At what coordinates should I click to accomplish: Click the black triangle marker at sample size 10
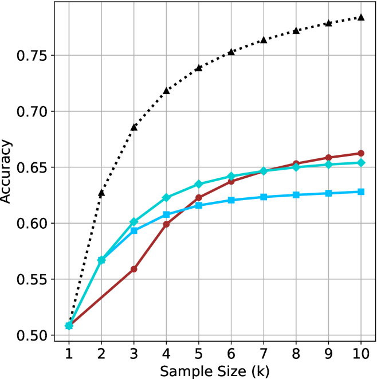click(x=361, y=17)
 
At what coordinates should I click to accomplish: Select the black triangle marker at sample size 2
click(x=101, y=193)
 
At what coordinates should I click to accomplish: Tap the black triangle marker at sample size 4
click(x=166, y=91)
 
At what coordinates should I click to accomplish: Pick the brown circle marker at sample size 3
click(x=134, y=269)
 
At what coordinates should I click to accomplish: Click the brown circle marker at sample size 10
click(x=361, y=153)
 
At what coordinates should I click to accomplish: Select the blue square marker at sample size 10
click(x=361, y=192)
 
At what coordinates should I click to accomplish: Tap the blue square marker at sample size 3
click(x=134, y=230)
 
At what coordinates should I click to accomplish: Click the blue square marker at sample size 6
click(x=231, y=200)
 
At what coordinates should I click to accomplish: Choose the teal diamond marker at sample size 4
click(x=166, y=198)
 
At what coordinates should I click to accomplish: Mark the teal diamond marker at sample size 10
click(x=361, y=163)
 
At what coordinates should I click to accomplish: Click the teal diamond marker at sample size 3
click(x=134, y=222)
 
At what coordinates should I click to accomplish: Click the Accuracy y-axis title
click(x=8, y=181)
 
